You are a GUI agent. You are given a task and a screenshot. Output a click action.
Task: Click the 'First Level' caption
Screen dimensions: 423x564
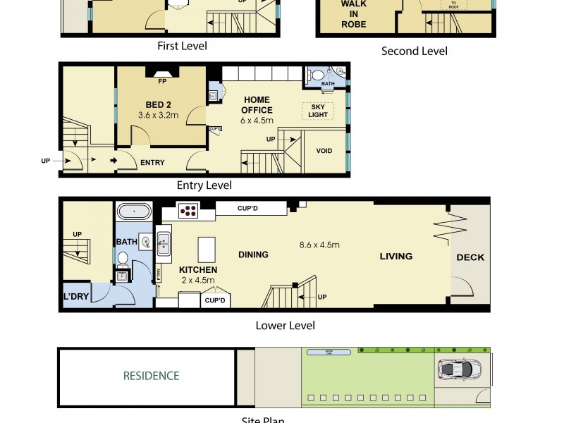click(x=182, y=47)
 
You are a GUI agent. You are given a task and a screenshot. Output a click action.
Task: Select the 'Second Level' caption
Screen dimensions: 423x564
click(x=414, y=51)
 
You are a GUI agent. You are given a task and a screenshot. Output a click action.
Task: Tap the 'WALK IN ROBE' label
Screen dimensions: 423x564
click(x=354, y=13)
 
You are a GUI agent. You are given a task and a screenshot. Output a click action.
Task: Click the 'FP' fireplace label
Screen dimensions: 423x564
click(x=161, y=80)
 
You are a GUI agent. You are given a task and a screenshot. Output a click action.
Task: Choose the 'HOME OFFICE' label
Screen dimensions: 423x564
click(x=257, y=105)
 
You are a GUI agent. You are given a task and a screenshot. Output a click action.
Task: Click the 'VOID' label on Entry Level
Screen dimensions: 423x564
click(x=324, y=151)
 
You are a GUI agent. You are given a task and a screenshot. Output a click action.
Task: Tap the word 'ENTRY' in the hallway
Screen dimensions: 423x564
click(x=152, y=163)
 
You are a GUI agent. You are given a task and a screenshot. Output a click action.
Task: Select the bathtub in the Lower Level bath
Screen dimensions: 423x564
click(x=133, y=211)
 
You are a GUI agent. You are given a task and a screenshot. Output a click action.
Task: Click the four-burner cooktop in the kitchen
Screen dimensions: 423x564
click(x=189, y=209)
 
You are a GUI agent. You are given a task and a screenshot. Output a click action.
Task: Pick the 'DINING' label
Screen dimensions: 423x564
click(x=254, y=255)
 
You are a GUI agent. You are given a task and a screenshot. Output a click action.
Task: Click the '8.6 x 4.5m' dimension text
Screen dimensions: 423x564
click(x=319, y=245)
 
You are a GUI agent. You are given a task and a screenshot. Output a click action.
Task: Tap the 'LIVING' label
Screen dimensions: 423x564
click(x=396, y=256)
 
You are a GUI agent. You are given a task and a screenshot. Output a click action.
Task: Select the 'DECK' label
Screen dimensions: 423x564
click(x=470, y=257)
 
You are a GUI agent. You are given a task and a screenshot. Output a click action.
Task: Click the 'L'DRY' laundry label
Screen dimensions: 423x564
click(x=76, y=297)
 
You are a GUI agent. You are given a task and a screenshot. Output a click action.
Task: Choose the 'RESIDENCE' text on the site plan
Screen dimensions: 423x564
click(x=151, y=376)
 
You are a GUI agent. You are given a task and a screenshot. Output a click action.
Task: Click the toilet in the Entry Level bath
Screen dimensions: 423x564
click(x=318, y=74)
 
